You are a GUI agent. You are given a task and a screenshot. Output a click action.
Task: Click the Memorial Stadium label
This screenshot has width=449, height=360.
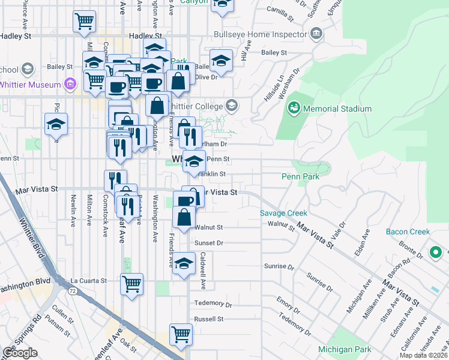click(x=337, y=109)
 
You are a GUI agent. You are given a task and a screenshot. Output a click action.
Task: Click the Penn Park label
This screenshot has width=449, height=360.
click(x=301, y=176)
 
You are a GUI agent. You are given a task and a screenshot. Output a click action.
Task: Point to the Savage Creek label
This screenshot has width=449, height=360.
click(x=283, y=213)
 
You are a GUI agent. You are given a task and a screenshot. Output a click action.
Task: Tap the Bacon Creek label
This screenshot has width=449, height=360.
click(x=408, y=232)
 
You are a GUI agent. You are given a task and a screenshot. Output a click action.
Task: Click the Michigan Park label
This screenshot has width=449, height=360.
click(x=345, y=349)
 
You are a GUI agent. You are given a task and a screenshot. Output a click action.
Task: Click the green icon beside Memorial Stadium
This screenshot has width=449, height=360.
click(x=294, y=109)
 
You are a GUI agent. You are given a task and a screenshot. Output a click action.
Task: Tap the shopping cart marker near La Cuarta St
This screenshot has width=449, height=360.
click(x=131, y=283)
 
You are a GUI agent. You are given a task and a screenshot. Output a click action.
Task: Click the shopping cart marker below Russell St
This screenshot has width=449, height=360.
click(x=180, y=334)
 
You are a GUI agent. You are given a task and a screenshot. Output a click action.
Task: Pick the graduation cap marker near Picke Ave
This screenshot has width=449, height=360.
click(x=56, y=125)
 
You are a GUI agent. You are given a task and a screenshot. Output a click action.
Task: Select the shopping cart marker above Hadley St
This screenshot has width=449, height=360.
click(x=84, y=22)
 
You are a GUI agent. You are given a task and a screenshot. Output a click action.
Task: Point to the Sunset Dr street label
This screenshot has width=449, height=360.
click(x=209, y=243)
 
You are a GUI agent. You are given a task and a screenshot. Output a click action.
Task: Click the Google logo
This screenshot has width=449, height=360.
click(x=20, y=353)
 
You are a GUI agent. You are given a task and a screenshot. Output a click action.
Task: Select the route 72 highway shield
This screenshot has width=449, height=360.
click(x=71, y=290)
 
